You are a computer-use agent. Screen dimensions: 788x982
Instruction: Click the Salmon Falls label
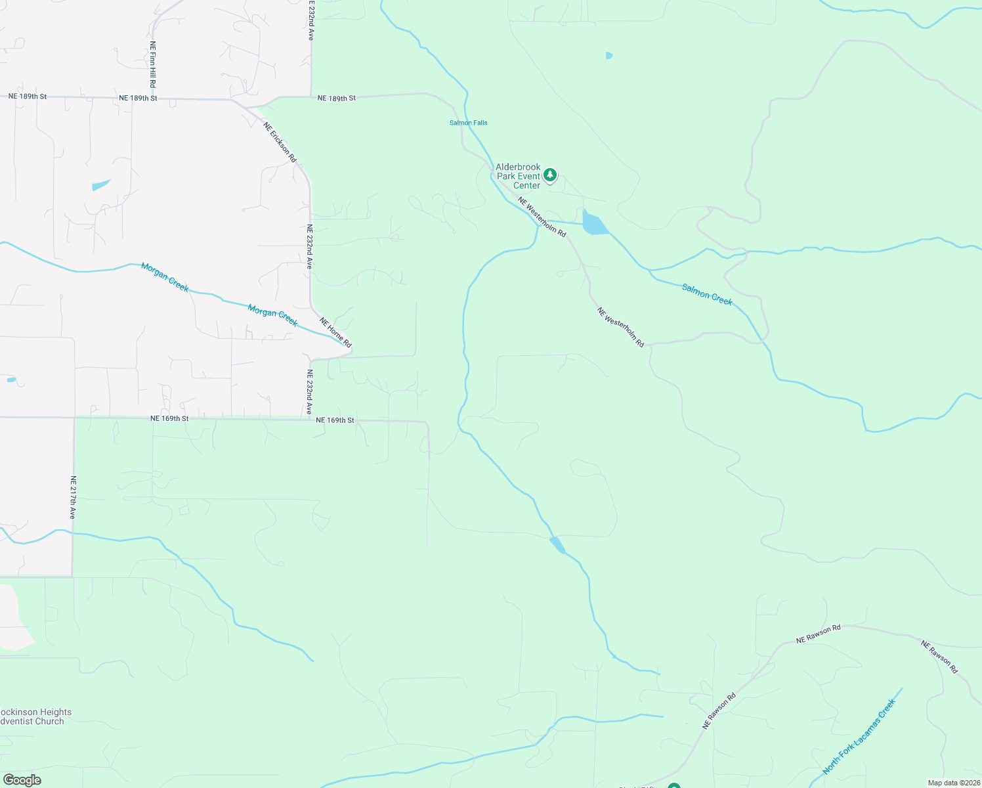(468, 123)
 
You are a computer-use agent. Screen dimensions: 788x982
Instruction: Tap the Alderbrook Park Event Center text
(518, 177)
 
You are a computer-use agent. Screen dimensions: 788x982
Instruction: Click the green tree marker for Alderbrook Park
(550, 175)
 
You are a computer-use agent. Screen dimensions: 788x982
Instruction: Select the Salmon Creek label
(707, 294)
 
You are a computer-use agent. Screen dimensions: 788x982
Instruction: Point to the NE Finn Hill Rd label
(152, 64)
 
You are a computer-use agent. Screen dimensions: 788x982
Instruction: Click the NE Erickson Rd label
(280, 142)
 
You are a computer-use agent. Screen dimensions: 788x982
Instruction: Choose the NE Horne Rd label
(336, 332)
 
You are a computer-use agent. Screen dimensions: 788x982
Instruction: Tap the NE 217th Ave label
(73, 497)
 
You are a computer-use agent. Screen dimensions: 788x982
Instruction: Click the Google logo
(22, 780)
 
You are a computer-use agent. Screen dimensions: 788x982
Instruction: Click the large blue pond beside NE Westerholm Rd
(593, 223)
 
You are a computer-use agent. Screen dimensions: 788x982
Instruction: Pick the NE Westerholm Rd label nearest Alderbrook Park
(542, 216)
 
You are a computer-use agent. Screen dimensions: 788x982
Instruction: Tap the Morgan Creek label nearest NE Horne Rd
(272, 315)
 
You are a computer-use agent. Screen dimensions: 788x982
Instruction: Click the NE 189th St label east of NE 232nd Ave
(336, 98)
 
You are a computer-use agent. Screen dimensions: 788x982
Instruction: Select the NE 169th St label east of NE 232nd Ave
(335, 420)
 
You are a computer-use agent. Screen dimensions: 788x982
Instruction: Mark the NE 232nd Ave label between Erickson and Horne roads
(309, 246)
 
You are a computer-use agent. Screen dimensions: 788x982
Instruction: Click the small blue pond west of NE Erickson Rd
(100, 185)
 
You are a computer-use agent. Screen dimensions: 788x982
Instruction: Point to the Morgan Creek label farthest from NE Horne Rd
(165, 277)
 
